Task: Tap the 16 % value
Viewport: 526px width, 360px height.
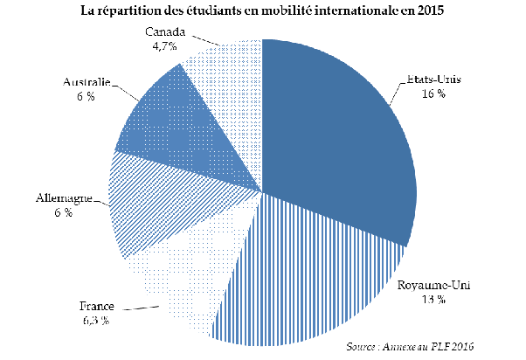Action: (x=433, y=92)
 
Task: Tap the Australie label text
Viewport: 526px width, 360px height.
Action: (x=86, y=83)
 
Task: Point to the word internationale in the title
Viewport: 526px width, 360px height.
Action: (x=369, y=10)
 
